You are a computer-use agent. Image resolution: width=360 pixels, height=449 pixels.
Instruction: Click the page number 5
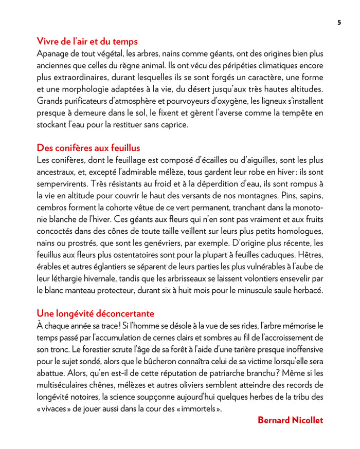coord(339,22)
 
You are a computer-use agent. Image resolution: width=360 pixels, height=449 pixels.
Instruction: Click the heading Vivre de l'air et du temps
coord(87,42)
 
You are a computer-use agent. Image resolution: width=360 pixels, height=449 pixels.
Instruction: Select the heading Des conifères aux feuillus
coord(88,148)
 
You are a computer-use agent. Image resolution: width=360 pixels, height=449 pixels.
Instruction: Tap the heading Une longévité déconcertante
coord(95,313)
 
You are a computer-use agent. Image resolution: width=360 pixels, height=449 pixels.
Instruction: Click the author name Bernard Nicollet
coord(290,420)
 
